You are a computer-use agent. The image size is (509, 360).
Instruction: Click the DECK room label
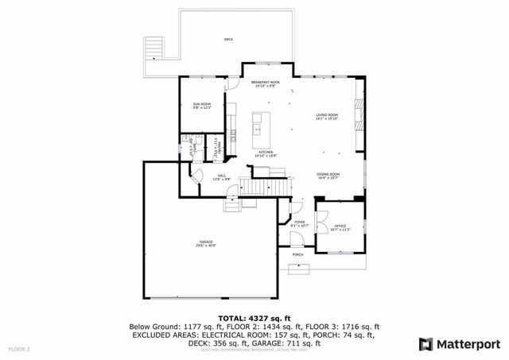pyautogui.click(x=228, y=39)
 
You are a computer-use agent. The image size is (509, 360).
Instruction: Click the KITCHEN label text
pyautogui.click(x=265, y=153)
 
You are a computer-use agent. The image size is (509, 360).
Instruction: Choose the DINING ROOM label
pyautogui.click(x=328, y=176)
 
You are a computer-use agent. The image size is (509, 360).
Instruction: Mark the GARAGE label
pyautogui.click(x=206, y=243)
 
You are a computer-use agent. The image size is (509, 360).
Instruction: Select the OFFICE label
pyautogui.click(x=340, y=227)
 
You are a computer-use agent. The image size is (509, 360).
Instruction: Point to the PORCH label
pyautogui.click(x=297, y=254)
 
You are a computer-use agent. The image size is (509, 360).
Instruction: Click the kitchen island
pyautogui.click(x=258, y=126)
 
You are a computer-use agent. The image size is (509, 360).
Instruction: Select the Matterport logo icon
pyautogui.click(x=425, y=344)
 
